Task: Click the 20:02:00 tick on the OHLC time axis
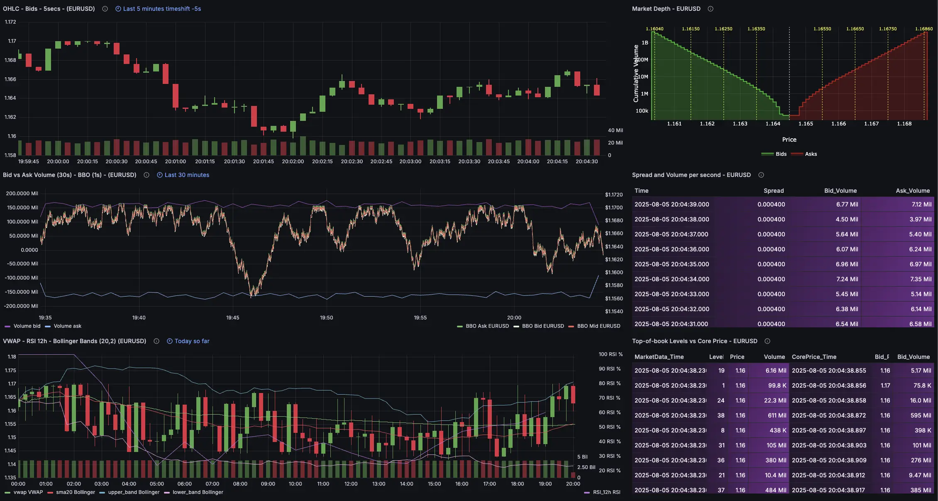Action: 293,162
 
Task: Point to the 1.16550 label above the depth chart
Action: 822,29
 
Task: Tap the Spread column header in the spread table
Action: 774,191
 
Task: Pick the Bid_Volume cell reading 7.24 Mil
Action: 847,279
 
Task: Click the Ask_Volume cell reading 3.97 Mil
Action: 920,219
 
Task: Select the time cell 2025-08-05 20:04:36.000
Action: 672,249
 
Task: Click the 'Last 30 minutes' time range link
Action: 186,175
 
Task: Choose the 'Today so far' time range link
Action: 191,341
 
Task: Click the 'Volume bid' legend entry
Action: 27,326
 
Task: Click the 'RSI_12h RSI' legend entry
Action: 606,492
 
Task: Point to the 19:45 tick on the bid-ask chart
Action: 232,318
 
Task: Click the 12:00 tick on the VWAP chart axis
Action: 351,484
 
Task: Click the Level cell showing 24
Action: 721,400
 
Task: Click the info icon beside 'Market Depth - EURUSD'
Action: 711,9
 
